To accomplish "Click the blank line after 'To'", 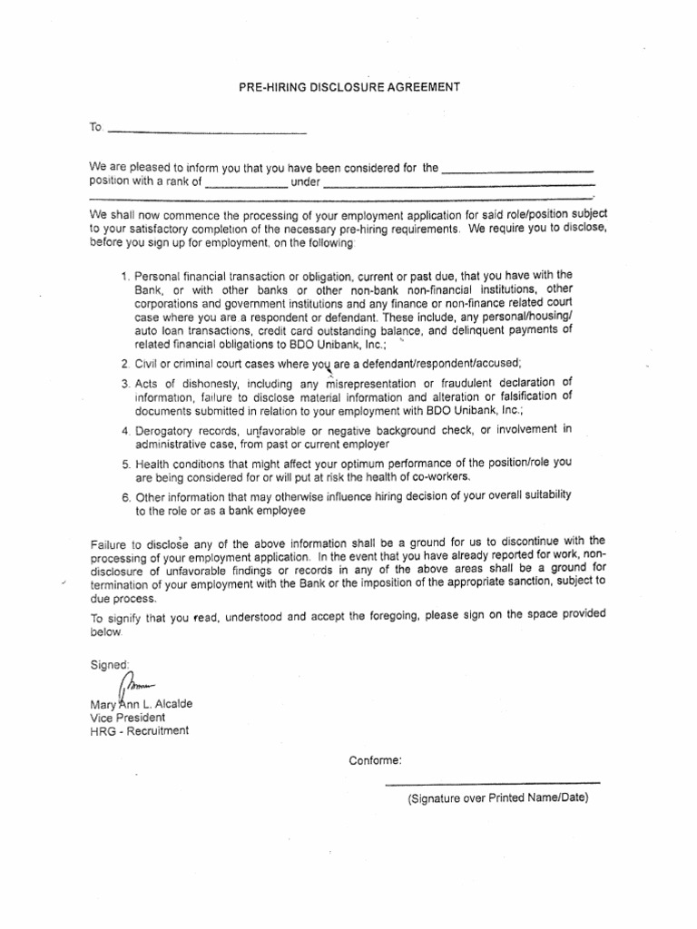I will pos(207,133).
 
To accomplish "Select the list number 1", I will pos(124,276).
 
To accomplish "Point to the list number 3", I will pos(124,382).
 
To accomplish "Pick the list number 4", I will pos(124,429).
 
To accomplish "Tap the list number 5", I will pos(124,463).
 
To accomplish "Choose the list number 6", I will pos(124,497).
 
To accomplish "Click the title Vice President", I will pos(127,717).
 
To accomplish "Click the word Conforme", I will pos(376,760).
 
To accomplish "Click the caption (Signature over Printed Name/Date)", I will pos(498,798).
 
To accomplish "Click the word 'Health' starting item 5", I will pos(152,463).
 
